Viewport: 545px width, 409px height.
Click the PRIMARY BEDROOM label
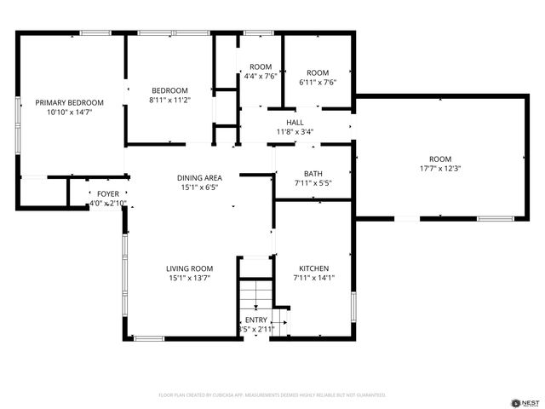click(69, 102)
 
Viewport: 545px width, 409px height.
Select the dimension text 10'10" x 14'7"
click(69, 112)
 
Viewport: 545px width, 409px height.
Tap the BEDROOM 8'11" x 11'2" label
click(169, 90)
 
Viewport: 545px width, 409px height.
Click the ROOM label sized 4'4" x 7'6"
click(260, 67)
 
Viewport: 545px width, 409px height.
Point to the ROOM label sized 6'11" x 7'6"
click(318, 72)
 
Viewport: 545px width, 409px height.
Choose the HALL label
click(295, 123)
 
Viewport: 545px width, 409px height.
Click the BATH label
click(313, 173)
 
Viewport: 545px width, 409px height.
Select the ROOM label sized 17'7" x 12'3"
click(439, 159)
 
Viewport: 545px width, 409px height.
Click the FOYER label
click(108, 194)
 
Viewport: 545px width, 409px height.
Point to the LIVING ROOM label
click(189, 268)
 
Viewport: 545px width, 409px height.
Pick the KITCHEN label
click(313, 268)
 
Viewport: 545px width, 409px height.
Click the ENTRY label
click(255, 320)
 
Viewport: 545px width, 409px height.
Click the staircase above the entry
click(253, 297)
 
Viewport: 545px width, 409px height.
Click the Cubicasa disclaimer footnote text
click(272, 395)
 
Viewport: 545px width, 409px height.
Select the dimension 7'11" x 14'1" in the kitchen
click(313, 278)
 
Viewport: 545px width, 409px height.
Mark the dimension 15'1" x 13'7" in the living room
click(189, 278)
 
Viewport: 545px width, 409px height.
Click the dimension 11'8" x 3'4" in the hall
click(295, 132)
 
